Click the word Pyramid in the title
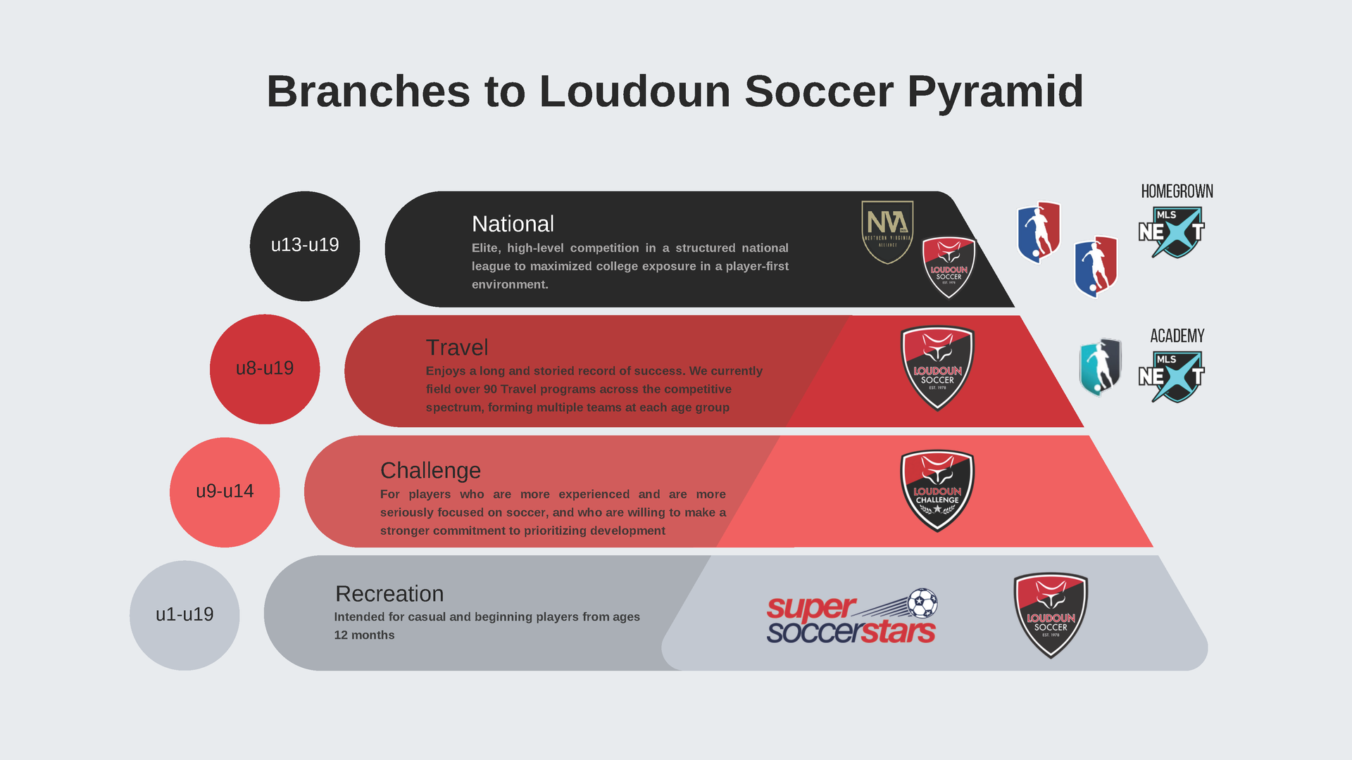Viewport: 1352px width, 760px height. coord(995,91)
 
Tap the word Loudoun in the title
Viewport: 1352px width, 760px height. coord(634,91)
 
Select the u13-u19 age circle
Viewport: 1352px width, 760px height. coord(305,246)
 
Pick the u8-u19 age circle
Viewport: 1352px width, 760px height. coord(265,369)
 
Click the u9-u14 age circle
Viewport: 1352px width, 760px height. coord(225,492)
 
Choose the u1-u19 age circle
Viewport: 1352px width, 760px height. coord(184,615)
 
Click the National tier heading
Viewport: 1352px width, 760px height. coord(513,224)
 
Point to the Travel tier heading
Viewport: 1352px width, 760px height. coord(456,348)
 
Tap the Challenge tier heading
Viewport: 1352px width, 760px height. coord(430,470)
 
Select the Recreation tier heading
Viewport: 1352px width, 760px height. coord(389,594)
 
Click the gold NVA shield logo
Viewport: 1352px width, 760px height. coord(887,232)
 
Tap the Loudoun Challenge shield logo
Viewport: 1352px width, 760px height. coord(937,490)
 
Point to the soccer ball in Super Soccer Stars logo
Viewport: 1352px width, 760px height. coord(922,603)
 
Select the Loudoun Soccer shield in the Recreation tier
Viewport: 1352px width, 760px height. coord(1051,615)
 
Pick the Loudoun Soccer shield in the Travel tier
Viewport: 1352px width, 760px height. coord(937,367)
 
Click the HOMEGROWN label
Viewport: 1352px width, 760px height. coord(1177,191)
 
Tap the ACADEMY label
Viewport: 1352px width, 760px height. coord(1177,336)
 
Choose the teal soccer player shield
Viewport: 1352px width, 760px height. coord(1100,367)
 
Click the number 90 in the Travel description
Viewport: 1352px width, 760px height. coord(490,389)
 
